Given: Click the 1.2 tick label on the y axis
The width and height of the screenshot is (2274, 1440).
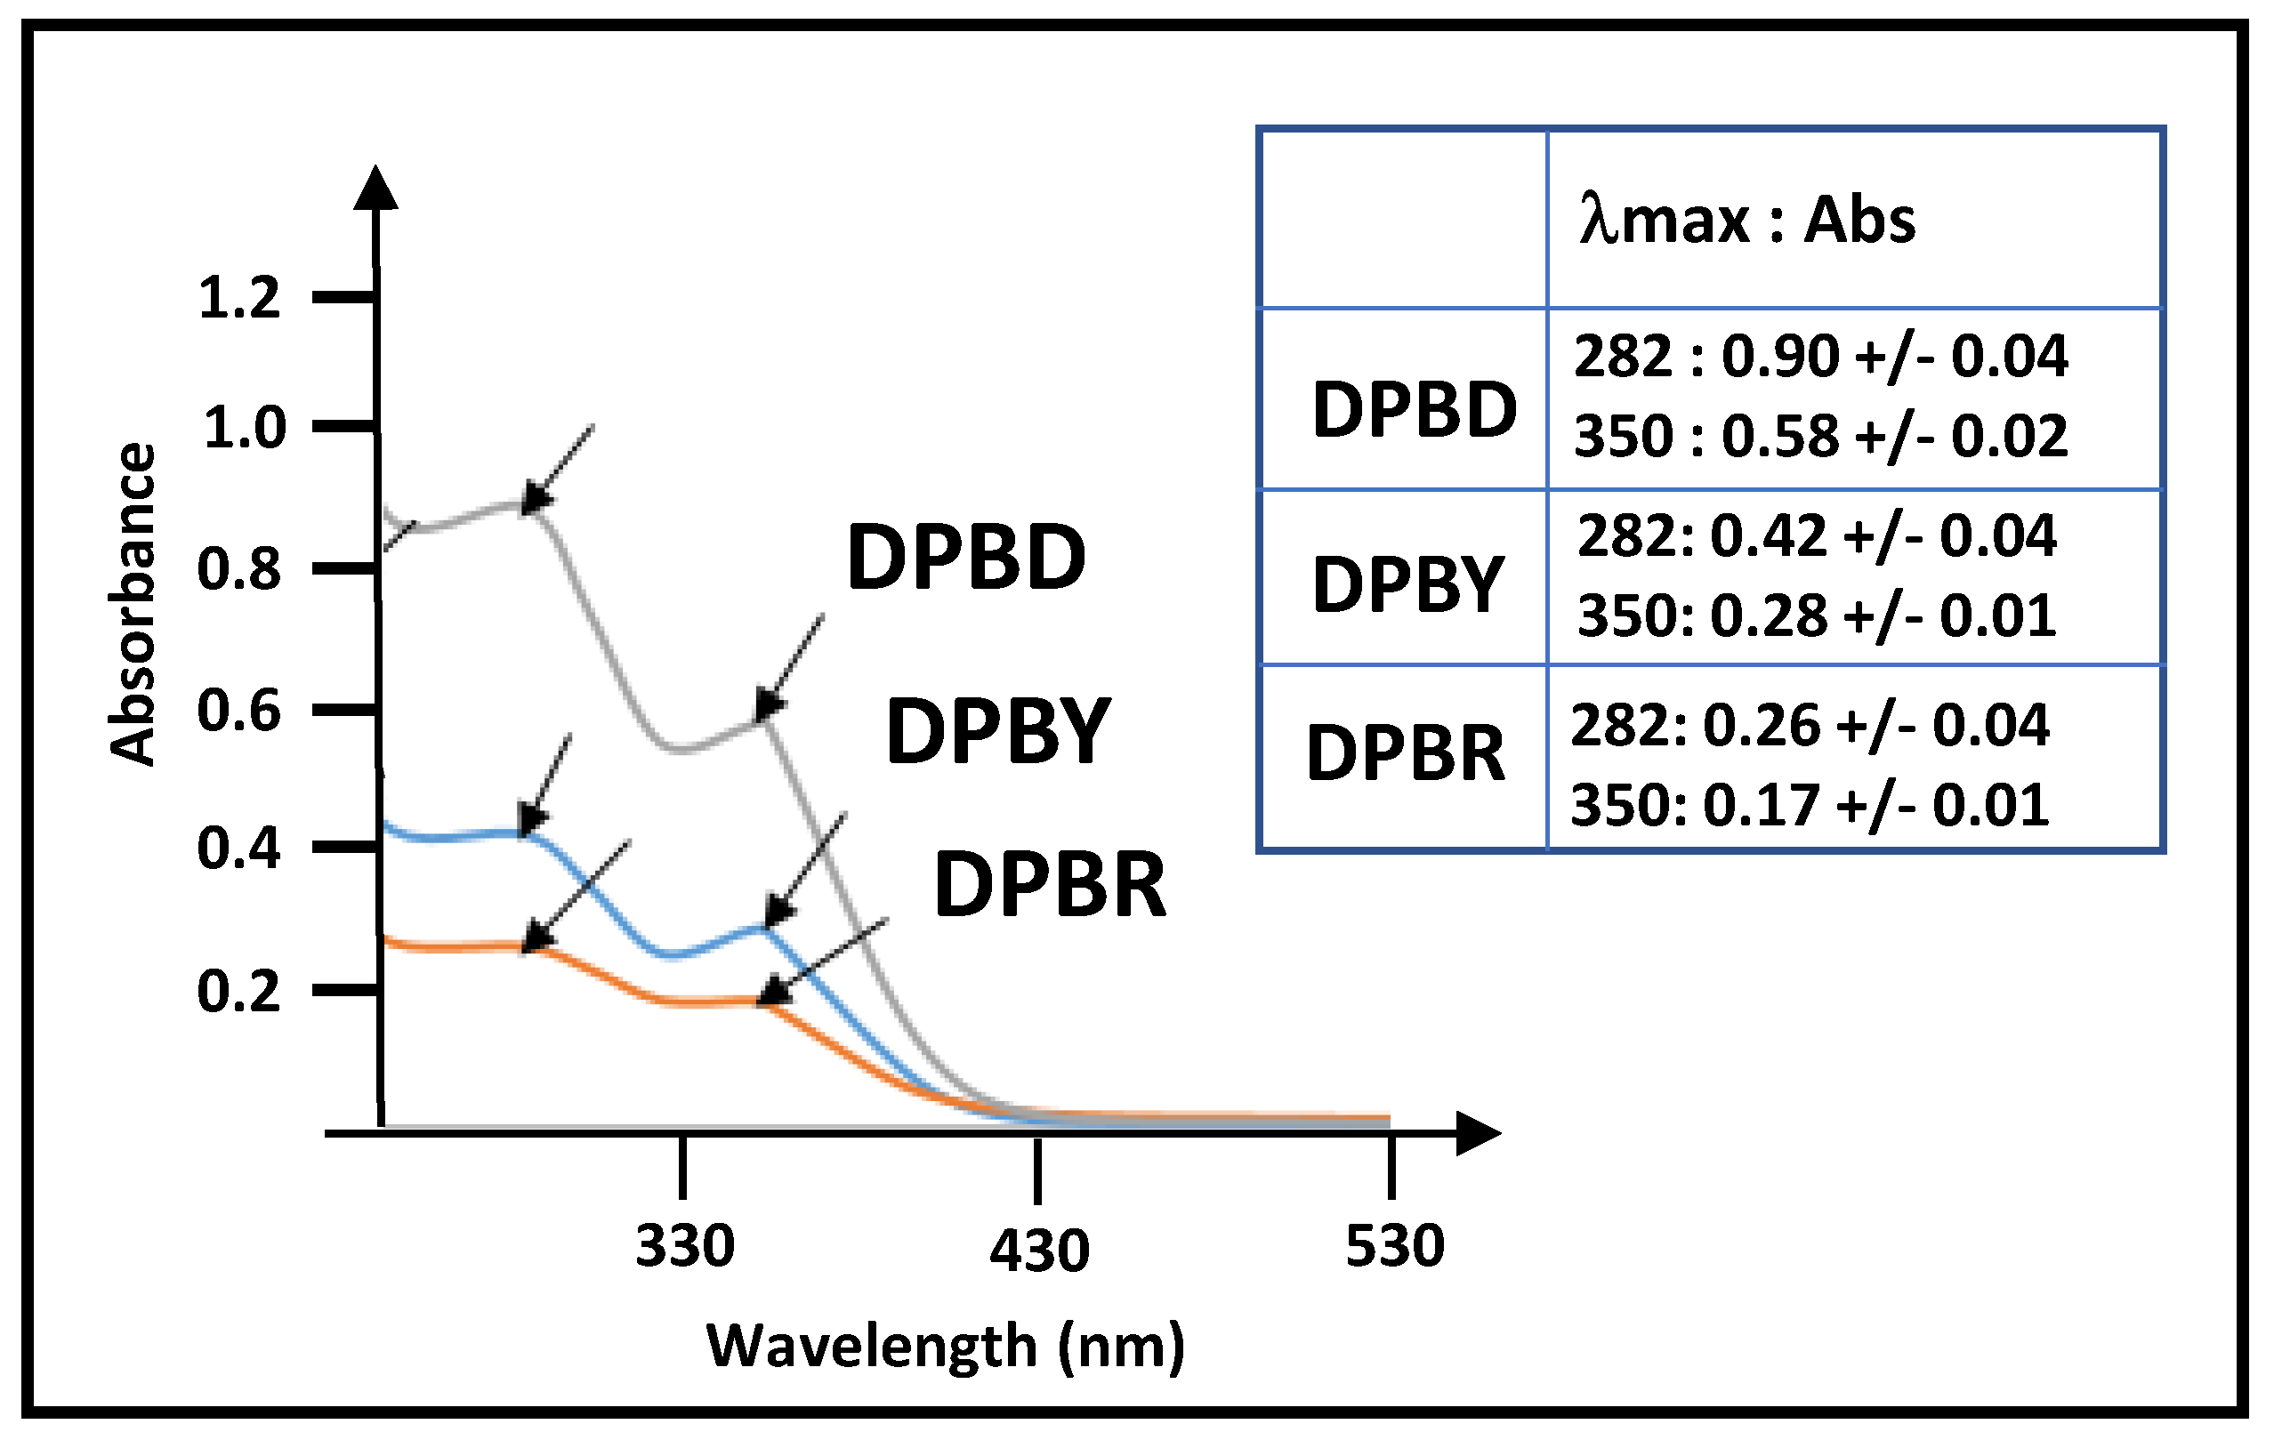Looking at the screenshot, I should pyautogui.click(x=239, y=297).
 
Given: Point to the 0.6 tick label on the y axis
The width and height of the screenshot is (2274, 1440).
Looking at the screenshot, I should pyautogui.click(x=239, y=711).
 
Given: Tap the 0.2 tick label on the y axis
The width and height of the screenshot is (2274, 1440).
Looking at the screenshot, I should pyautogui.click(x=239, y=992).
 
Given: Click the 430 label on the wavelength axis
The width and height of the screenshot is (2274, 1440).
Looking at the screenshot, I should pyautogui.click(x=1039, y=1251).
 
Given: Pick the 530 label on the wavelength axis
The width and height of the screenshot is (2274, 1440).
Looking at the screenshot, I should pyautogui.click(x=1394, y=1244).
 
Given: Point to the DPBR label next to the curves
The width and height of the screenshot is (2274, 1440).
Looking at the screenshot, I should pyautogui.click(x=1049, y=884).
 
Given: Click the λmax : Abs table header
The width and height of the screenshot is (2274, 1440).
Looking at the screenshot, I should pyautogui.click(x=1747, y=220).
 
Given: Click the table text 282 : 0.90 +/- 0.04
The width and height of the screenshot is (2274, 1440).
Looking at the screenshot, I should pyautogui.click(x=1819, y=357).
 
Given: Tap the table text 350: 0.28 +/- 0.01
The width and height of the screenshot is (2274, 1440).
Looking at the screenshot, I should pyautogui.click(x=1816, y=615).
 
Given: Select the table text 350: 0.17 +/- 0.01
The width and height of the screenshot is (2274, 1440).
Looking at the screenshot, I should pyautogui.click(x=1810, y=806).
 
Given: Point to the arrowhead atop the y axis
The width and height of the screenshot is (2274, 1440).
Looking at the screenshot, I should pyautogui.click(x=375, y=188).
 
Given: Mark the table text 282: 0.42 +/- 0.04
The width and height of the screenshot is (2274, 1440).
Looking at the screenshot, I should pyautogui.click(x=1816, y=535).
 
